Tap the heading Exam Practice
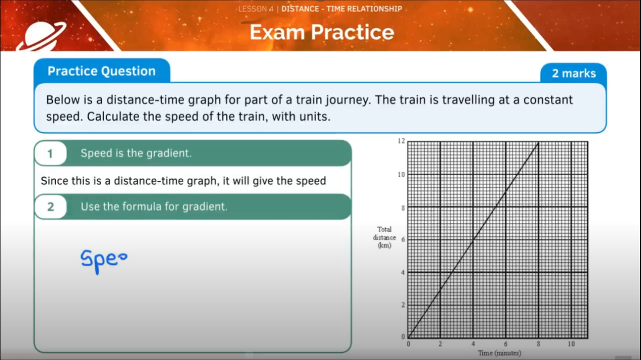point(322,33)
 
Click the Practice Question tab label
point(102,71)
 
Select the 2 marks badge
point(574,74)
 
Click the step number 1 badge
point(50,154)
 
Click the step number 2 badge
point(50,207)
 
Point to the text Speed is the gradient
point(136,153)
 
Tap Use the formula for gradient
point(154,206)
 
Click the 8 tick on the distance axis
point(402,207)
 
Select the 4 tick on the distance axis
point(402,273)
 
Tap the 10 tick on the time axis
point(571,344)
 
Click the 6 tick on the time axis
point(505,344)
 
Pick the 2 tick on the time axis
point(440,344)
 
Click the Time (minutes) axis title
point(499,353)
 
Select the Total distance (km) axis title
point(384,237)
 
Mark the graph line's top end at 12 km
point(538,142)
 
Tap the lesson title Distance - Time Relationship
point(342,9)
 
